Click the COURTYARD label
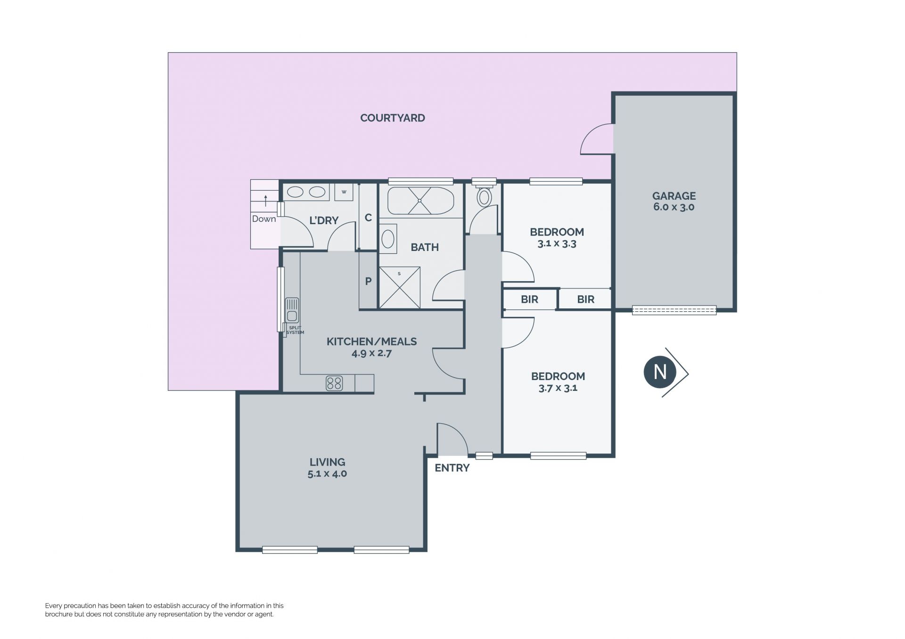(x=393, y=118)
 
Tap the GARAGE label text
(x=674, y=196)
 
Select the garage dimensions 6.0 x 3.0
(x=674, y=207)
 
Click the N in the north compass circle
(x=660, y=372)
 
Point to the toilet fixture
(x=484, y=197)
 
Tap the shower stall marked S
(x=399, y=288)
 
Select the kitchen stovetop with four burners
(x=334, y=383)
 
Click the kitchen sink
(x=292, y=310)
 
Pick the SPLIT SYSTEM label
(x=295, y=330)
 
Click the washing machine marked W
(x=344, y=192)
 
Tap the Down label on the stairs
(x=264, y=219)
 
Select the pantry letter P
(x=369, y=281)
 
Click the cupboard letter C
(x=369, y=218)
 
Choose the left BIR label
(x=529, y=299)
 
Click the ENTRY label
(x=452, y=468)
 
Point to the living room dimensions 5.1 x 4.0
(x=327, y=474)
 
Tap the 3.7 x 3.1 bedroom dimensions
(x=558, y=388)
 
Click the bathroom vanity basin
(x=388, y=239)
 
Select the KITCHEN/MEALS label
(x=372, y=341)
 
